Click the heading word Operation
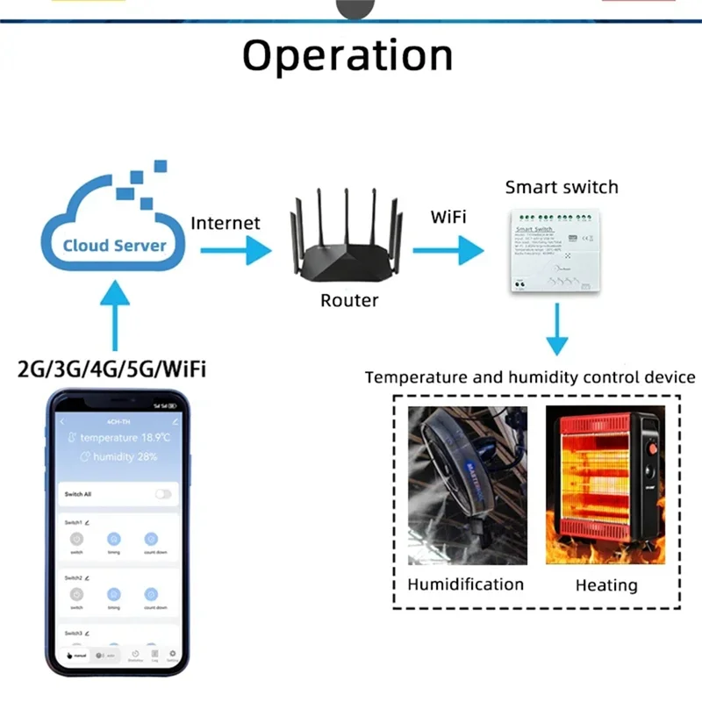pyautogui.click(x=347, y=56)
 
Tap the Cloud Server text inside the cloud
pyautogui.click(x=114, y=245)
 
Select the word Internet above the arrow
pyautogui.click(x=226, y=223)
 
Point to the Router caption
pyautogui.click(x=349, y=301)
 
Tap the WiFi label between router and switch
pyautogui.click(x=448, y=216)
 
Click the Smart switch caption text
pyautogui.click(x=562, y=187)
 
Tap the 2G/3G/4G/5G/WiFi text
pyautogui.click(x=112, y=369)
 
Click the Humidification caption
pyautogui.click(x=465, y=584)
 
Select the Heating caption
pyautogui.click(x=606, y=585)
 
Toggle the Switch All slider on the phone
pyautogui.click(x=163, y=494)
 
